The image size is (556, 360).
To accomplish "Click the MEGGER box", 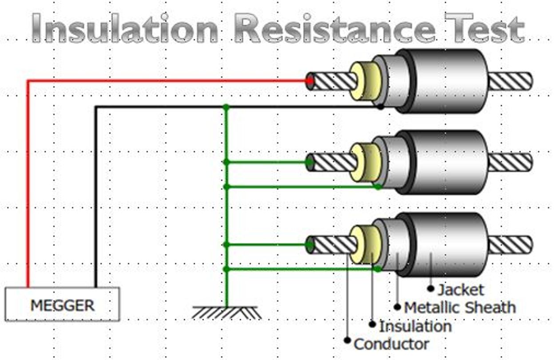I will (x=62, y=304).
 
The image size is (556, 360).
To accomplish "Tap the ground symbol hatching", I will (x=227, y=312).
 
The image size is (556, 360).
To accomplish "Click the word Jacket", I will (x=461, y=290).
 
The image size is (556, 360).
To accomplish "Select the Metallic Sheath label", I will (x=460, y=308).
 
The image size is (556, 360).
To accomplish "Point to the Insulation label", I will (x=415, y=326).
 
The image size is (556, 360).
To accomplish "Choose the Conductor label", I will (x=391, y=344).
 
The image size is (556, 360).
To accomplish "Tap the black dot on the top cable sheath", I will (x=380, y=107).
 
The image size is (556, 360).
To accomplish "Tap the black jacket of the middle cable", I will (x=449, y=162).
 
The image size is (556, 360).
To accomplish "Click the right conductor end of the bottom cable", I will (x=510, y=245).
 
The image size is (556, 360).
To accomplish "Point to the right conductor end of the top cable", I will (x=510, y=81).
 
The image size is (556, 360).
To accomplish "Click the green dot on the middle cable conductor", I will (x=310, y=163).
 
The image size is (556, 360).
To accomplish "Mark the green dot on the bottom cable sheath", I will (x=377, y=269).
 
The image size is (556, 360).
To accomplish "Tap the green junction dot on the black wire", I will (x=226, y=107).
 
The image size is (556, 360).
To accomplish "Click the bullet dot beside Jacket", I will (x=430, y=288).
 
